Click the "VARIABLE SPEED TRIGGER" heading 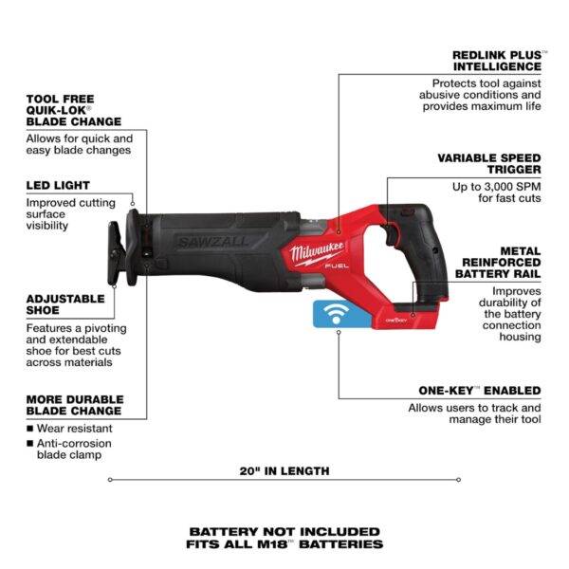click(488, 163)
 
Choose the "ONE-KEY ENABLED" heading click(480, 390)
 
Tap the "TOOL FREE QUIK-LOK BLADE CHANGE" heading click(74, 109)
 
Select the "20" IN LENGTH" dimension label click(284, 470)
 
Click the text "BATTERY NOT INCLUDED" click(284, 531)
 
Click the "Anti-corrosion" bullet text click(75, 443)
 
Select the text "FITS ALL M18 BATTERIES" click(284, 544)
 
